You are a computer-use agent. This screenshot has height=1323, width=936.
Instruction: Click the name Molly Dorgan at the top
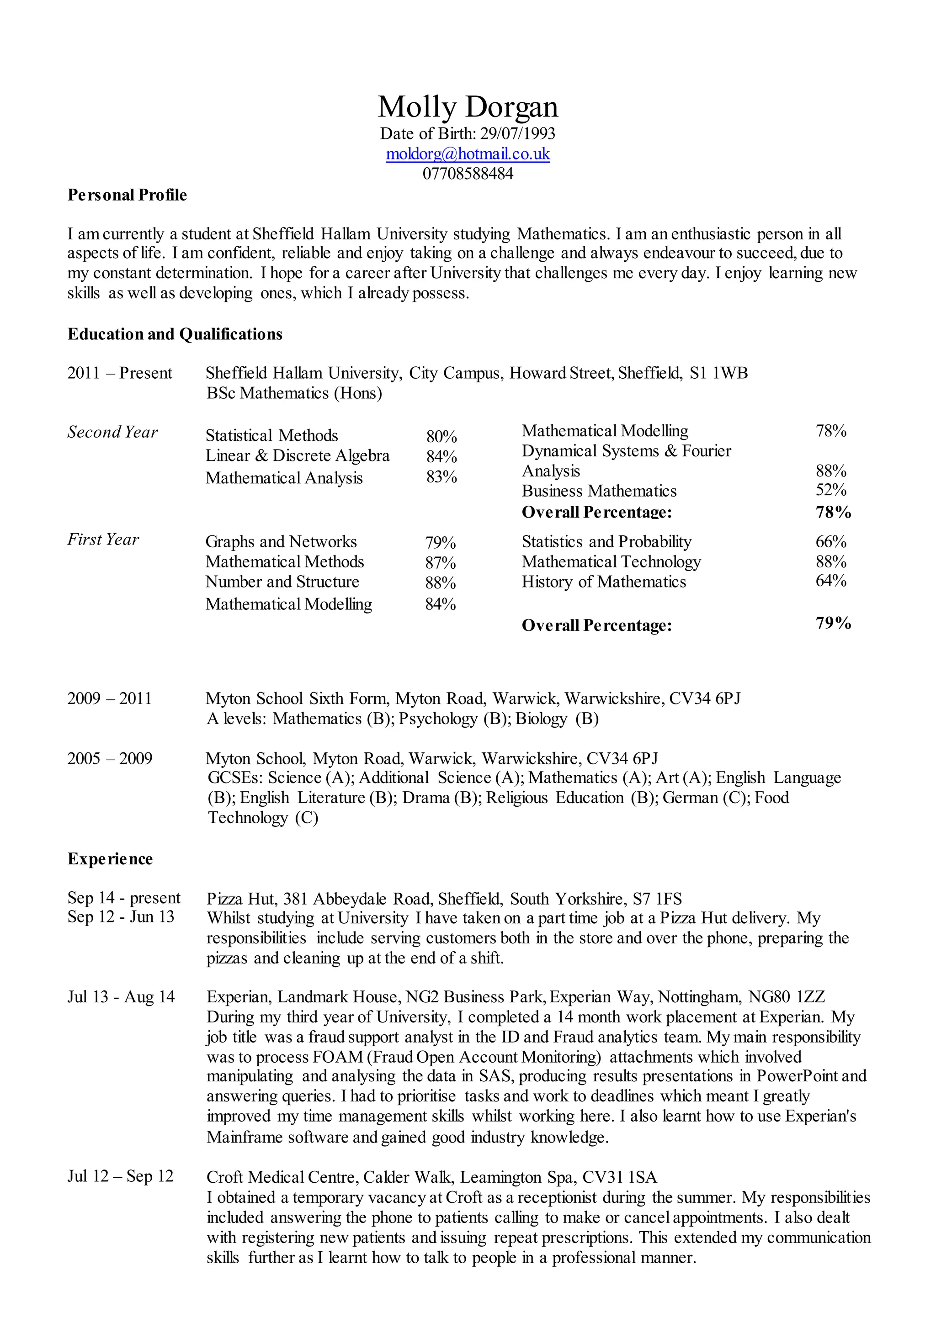click(x=468, y=107)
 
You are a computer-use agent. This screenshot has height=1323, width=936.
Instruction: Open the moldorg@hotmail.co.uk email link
click(x=468, y=154)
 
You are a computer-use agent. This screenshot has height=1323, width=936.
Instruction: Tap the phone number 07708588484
click(x=468, y=174)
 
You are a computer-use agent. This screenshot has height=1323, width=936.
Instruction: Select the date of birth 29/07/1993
click(x=517, y=134)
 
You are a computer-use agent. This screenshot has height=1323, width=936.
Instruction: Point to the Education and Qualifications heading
click(x=175, y=334)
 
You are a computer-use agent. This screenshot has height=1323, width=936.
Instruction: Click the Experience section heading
click(x=110, y=859)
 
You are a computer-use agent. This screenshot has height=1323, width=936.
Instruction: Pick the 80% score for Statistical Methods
click(x=441, y=436)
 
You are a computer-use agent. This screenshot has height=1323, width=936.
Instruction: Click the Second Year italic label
click(x=112, y=432)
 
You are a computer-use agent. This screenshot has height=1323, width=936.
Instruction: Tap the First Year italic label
click(x=103, y=540)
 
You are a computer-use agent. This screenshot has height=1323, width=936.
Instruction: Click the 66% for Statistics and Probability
click(x=830, y=542)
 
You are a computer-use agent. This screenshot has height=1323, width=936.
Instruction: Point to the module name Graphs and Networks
click(x=281, y=542)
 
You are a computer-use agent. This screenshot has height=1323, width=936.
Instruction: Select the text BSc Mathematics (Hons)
click(x=294, y=393)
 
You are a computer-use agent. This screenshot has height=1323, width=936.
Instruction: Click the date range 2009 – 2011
click(x=110, y=699)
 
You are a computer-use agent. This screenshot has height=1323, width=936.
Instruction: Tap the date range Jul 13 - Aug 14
click(x=121, y=997)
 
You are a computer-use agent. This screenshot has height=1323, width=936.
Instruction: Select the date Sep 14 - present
click(x=123, y=898)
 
